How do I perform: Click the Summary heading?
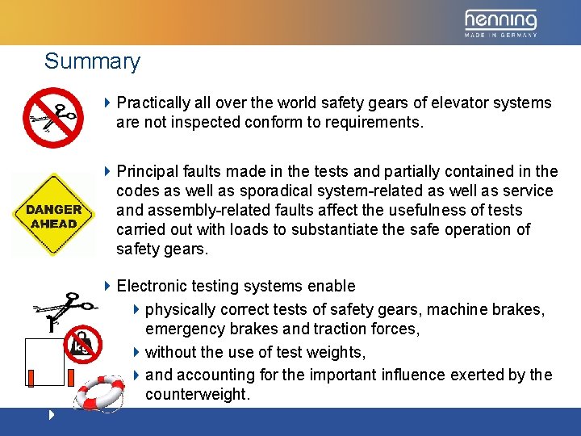[92, 61]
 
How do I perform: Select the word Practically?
[153, 103]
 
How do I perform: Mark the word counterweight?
[197, 395]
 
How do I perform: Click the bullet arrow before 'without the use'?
[136, 352]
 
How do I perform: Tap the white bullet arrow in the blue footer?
[52, 416]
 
